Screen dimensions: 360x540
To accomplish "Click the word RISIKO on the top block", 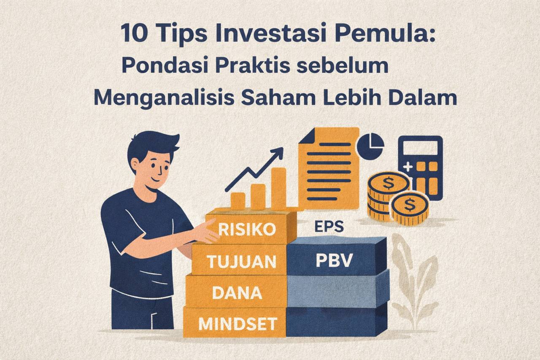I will (247, 230).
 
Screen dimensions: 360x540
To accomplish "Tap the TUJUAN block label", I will (241, 262).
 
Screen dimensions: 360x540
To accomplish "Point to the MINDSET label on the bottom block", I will (238, 324).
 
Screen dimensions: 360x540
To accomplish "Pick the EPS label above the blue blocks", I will (329, 227).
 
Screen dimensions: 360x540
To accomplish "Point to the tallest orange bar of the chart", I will (278, 188).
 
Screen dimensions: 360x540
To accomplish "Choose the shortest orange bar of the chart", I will (238, 201).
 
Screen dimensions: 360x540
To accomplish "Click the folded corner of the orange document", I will (307, 136).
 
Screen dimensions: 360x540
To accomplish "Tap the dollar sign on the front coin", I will (409, 205).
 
